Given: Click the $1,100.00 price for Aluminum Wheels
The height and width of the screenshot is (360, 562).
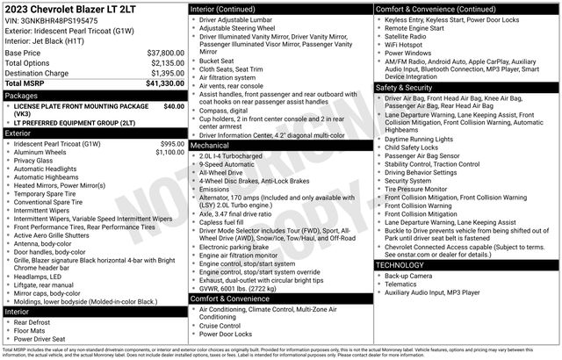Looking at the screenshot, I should [170, 152].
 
